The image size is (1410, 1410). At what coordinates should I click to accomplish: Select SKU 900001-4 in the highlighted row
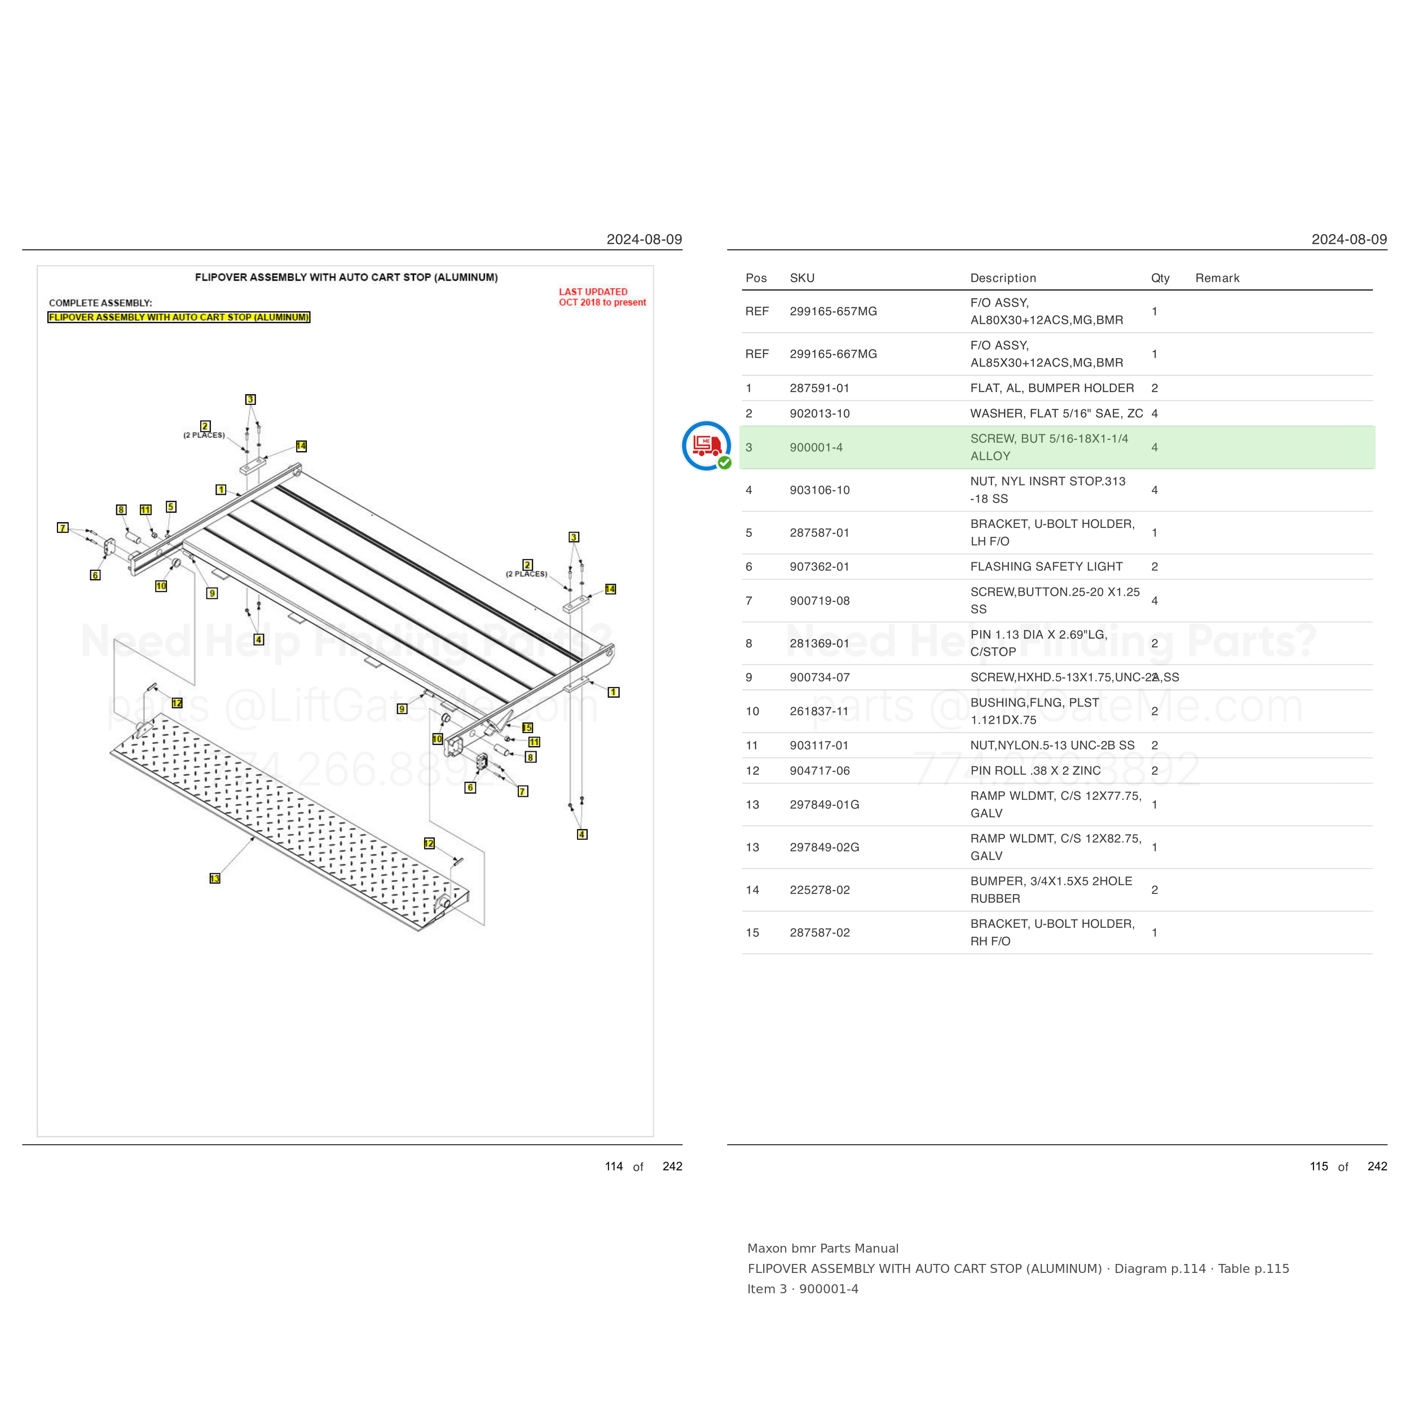[816, 447]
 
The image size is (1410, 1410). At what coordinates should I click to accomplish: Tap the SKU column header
[802, 278]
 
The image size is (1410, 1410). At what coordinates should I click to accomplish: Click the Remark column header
[1217, 278]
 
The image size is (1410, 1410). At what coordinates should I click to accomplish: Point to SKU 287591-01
[819, 388]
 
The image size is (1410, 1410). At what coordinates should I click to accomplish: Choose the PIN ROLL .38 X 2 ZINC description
[1035, 770]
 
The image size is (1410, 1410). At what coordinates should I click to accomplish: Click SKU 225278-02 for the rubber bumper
[819, 889]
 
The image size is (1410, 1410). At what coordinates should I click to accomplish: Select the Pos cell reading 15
[752, 933]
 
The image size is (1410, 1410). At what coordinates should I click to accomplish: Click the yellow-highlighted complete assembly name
[179, 318]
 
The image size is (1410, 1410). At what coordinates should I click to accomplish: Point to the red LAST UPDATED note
[602, 297]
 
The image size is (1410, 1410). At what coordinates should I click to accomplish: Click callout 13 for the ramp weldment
[214, 878]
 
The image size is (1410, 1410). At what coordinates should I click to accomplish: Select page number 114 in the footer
[614, 1166]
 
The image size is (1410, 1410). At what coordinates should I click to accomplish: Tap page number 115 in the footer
[1319, 1166]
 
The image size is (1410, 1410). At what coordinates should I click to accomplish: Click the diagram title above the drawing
[346, 277]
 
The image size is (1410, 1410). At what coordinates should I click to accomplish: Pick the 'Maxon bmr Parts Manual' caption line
[822, 1249]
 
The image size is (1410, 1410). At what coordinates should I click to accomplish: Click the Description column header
[1003, 278]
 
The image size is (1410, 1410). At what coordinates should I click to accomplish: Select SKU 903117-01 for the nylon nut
[819, 745]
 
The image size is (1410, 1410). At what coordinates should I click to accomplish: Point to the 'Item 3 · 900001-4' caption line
[803, 1289]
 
